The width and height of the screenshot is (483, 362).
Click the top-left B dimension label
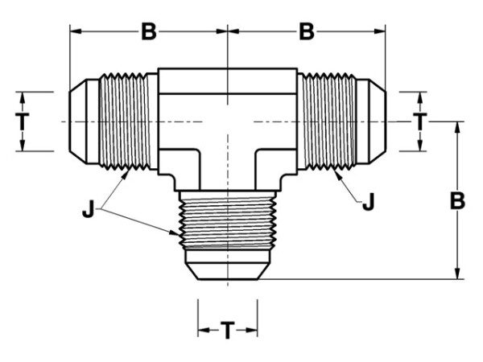click(x=149, y=31)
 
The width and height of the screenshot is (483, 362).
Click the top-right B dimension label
click(x=307, y=31)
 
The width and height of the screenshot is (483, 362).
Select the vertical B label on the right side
click(x=457, y=201)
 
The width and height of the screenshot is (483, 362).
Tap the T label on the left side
click(x=23, y=121)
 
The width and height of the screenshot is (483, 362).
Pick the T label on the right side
click(x=419, y=121)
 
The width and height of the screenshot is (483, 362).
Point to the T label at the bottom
click(x=228, y=331)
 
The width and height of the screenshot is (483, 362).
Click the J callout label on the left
click(x=88, y=209)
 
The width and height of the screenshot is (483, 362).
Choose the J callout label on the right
click(x=369, y=202)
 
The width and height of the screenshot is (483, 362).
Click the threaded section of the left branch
click(x=124, y=121)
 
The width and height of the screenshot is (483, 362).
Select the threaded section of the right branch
click(x=329, y=121)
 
